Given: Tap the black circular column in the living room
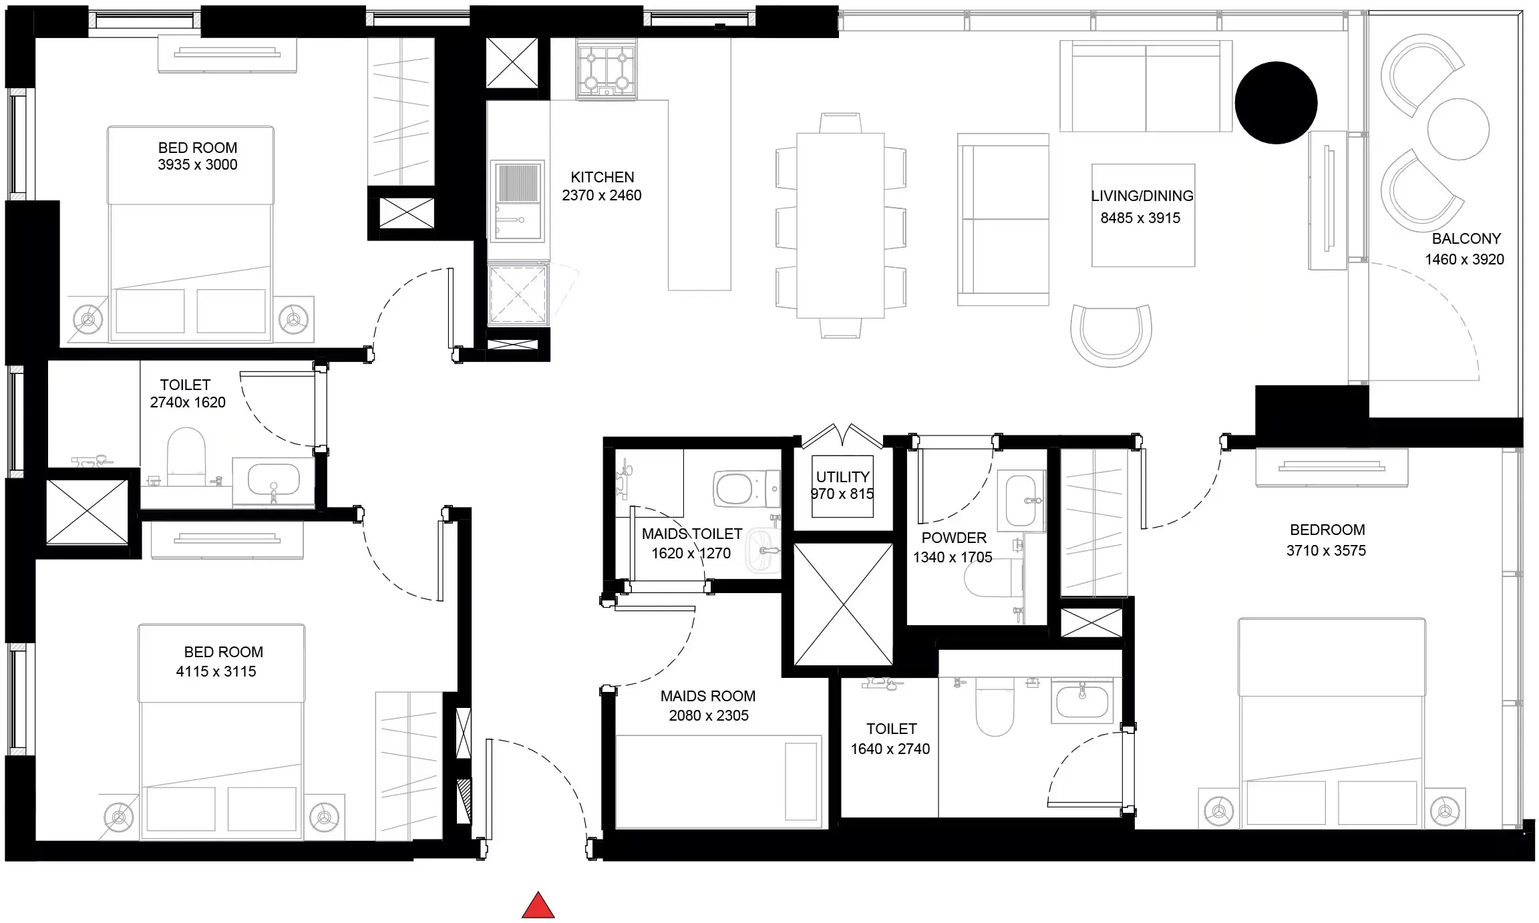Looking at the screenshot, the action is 1276,103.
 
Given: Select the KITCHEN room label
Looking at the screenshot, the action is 603,177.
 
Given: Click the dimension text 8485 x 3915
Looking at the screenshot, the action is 1140,218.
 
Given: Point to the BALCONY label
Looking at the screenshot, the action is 1466,238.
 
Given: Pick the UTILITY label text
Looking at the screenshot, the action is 843,477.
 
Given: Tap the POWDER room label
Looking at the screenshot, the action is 954,538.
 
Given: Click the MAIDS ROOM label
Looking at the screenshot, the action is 708,696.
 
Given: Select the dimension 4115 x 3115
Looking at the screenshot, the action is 216,671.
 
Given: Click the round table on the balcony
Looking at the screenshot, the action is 1458,129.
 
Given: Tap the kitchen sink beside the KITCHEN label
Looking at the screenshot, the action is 517,200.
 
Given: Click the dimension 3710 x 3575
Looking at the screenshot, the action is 1326,550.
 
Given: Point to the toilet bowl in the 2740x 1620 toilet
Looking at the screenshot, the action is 186,455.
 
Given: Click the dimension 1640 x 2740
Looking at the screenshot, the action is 890,749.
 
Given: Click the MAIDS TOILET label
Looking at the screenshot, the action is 692,534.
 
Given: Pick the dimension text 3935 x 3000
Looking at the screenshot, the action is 197,164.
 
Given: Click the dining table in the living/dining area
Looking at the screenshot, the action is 840,225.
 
